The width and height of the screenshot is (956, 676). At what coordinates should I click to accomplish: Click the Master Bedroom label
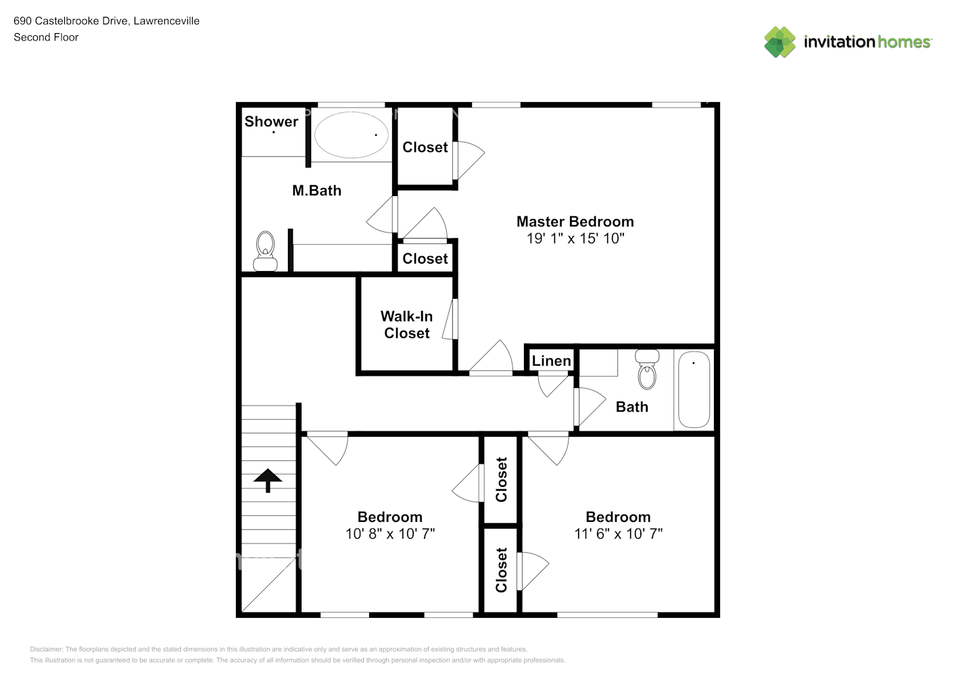coord(575,222)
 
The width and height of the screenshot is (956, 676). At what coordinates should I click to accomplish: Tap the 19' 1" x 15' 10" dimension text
coord(575,239)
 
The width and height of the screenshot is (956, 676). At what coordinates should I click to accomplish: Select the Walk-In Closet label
coord(406,324)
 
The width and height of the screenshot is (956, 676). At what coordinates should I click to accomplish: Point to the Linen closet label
coord(551,361)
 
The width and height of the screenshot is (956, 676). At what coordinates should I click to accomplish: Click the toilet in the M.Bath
coord(265,251)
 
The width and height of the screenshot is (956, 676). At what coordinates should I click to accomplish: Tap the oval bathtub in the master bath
coord(351,135)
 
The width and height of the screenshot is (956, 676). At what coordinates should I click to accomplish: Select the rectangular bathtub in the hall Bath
coord(694,389)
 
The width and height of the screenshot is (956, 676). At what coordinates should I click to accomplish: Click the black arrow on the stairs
coord(268,480)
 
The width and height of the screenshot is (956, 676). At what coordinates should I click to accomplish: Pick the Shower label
coord(271,122)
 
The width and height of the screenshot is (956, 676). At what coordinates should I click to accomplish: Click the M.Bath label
coord(316,191)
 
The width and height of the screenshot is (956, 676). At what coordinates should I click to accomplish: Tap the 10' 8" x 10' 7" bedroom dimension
coord(390,534)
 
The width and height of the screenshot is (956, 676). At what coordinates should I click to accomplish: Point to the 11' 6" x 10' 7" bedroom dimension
coord(618,534)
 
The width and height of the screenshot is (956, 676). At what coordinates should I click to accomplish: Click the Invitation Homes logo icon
coord(780,42)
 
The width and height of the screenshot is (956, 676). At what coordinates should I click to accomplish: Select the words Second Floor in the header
coord(46,37)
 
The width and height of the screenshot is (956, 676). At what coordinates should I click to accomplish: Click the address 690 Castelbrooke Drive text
coord(71,21)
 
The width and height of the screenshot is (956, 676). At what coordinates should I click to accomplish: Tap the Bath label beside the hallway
coord(631,407)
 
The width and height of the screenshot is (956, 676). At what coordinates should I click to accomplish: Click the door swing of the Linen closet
coord(552,384)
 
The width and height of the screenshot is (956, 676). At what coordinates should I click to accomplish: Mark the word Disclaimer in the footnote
coord(46,649)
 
